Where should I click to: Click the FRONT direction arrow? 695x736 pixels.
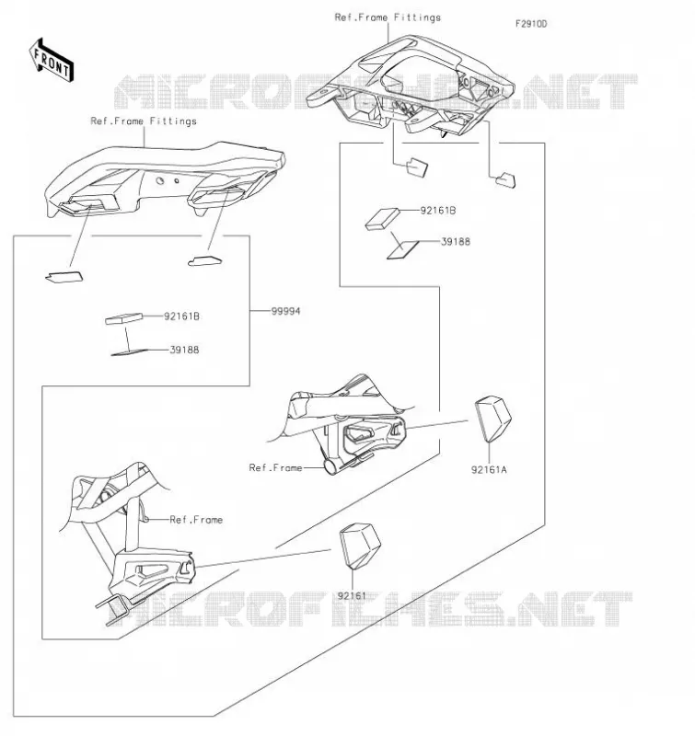coord(52,61)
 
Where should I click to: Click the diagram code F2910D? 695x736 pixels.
coord(531,24)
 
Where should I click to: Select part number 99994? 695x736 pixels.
coord(285,311)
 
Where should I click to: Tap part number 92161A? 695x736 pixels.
coord(489,469)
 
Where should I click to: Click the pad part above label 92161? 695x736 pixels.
coord(360,546)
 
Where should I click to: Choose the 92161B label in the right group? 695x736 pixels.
coord(437,211)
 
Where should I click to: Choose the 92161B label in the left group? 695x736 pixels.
coord(181,316)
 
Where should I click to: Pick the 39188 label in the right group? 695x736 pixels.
coord(456,242)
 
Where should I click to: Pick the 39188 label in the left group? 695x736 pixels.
coord(184,350)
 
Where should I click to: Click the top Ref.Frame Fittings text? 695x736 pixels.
coord(388,17)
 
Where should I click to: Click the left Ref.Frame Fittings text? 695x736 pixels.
coord(144,121)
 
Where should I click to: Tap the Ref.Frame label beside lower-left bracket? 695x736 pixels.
coord(196,520)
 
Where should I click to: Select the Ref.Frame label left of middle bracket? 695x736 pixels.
coord(275,467)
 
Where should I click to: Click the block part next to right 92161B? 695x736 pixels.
coord(382,219)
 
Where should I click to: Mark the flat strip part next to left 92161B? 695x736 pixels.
coord(124,318)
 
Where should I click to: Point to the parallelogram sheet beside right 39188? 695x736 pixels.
coord(403,250)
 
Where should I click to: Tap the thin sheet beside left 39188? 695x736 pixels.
coord(129,352)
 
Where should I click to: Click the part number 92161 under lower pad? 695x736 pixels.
coord(352,595)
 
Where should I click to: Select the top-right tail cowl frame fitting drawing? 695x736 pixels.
coord(410,85)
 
